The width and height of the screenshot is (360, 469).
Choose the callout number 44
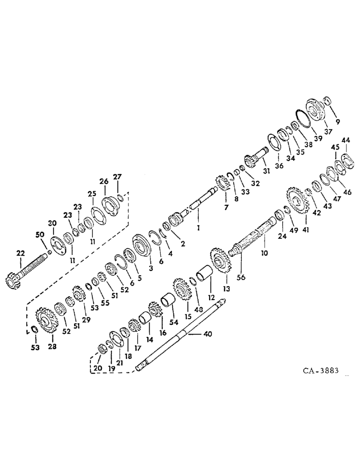pyautogui.click(x=345, y=140)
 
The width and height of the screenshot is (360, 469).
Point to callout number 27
pyautogui.click(x=117, y=177)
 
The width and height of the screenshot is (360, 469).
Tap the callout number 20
pyautogui.click(x=97, y=369)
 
